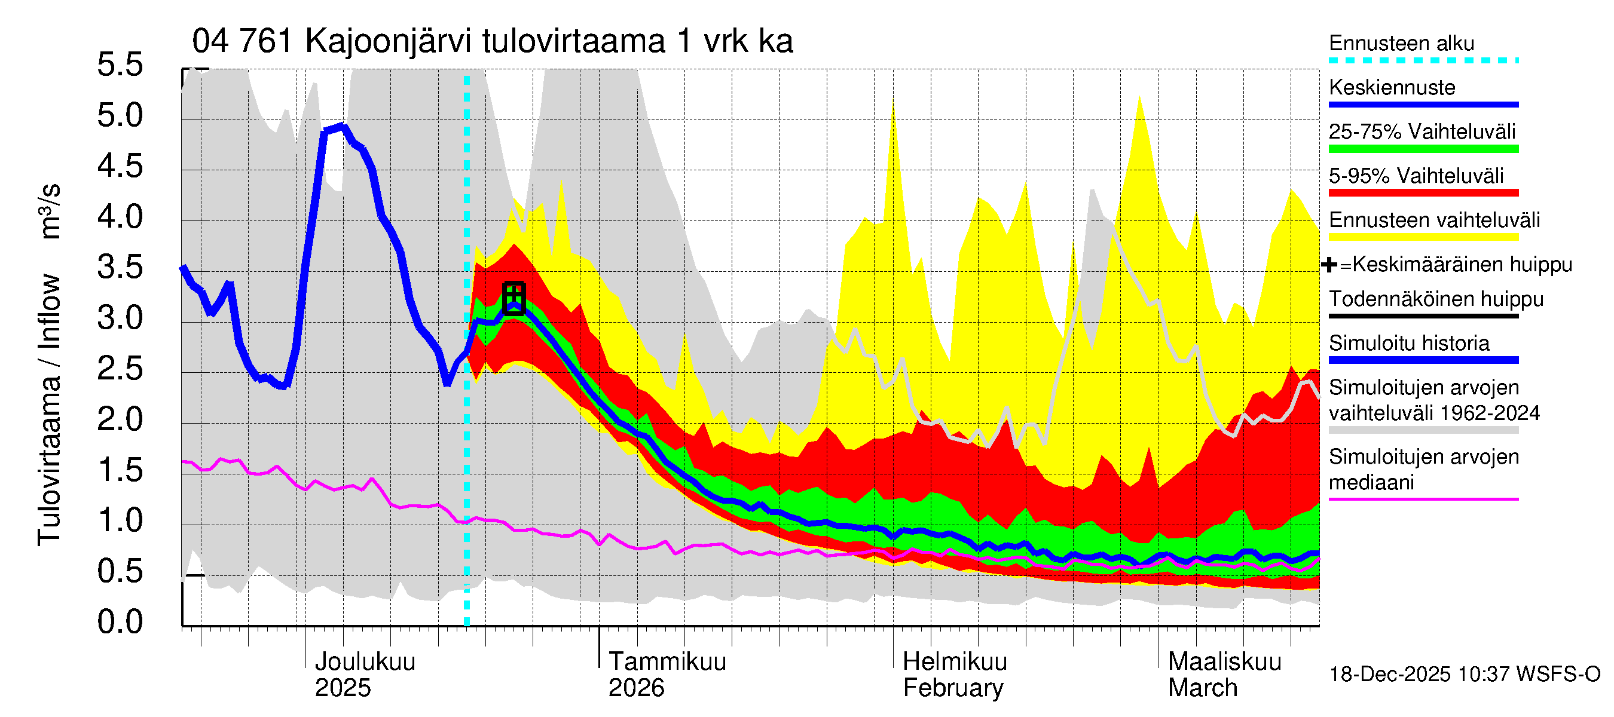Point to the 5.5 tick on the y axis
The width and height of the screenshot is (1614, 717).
(120, 65)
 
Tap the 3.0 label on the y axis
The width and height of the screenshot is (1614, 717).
(120, 318)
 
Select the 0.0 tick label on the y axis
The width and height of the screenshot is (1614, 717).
(120, 622)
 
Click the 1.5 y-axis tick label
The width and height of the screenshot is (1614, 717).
(120, 470)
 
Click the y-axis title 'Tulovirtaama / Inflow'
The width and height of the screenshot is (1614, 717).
(49, 410)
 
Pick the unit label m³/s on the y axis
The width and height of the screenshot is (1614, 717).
(50, 211)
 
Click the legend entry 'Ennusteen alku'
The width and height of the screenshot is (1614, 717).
(1401, 44)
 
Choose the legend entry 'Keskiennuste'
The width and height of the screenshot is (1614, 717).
(1392, 88)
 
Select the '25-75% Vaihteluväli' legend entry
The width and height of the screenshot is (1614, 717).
(1422, 132)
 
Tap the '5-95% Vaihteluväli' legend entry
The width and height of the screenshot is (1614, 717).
(1416, 176)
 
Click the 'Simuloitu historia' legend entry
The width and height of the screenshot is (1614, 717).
(1408, 343)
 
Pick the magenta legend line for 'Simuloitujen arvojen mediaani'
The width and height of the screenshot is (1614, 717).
(1423, 499)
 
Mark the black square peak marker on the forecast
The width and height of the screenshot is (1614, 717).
(513, 298)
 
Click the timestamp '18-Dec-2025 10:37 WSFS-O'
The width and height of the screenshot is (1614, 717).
(1464, 675)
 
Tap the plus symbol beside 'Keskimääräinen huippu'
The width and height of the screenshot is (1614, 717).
(1329, 265)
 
